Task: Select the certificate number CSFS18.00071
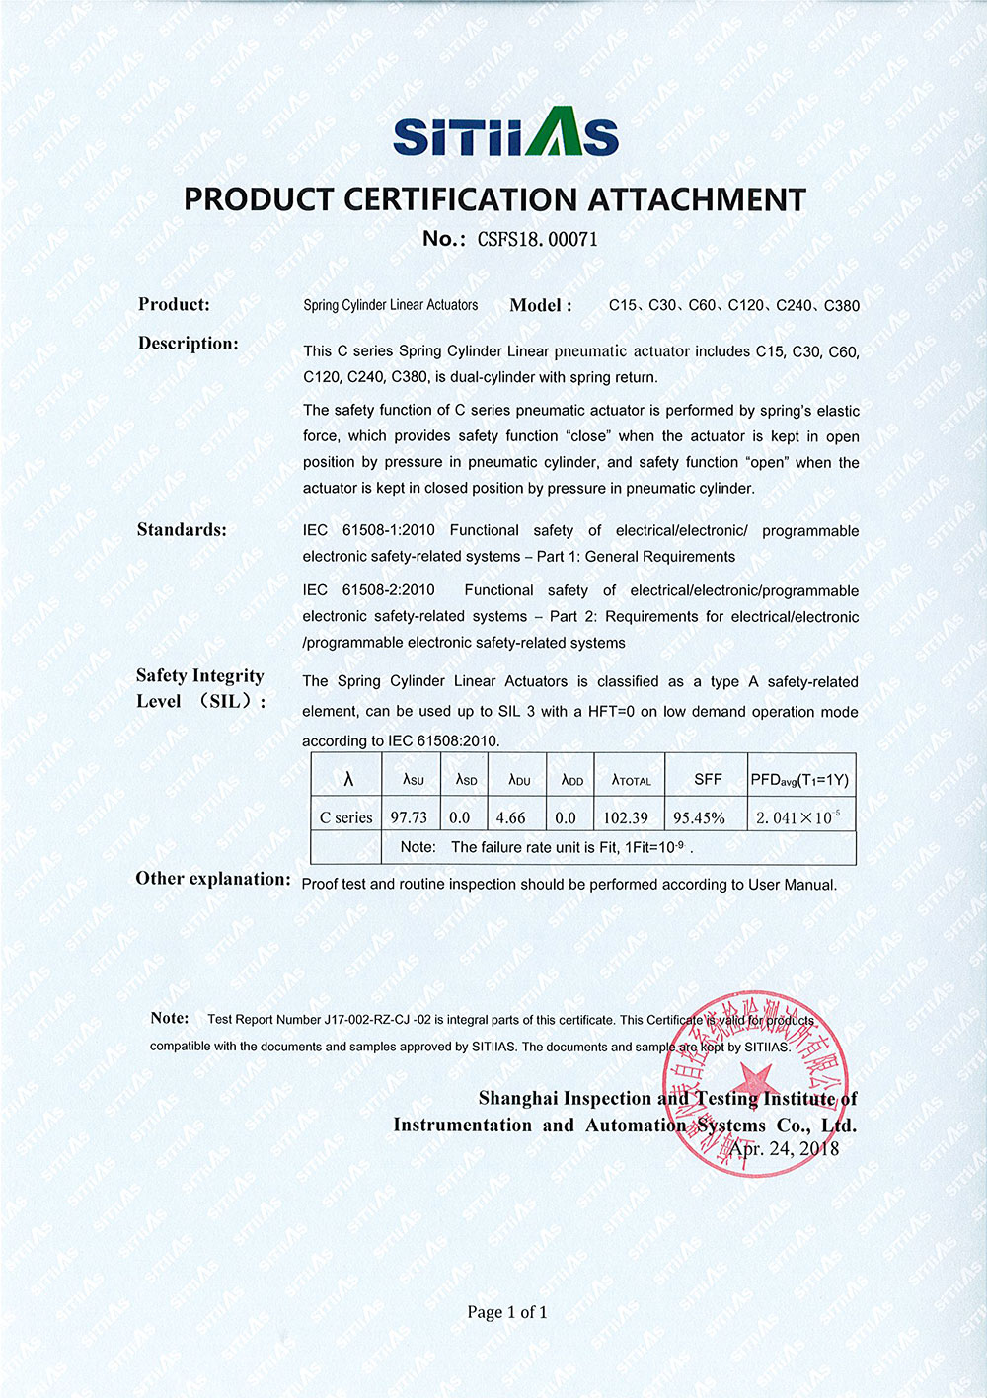tap(537, 239)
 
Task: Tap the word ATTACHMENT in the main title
tap(697, 199)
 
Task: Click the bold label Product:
tap(174, 304)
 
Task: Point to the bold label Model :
tap(540, 305)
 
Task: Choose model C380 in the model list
tap(841, 305)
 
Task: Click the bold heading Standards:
tap(182, 530)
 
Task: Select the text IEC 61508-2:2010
tap(368, 590)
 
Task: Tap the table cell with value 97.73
tap(409, 817)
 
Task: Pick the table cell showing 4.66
tap(510, 817)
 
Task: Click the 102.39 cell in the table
tap(626, 817)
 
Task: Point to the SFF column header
tap(708, 779)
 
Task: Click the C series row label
tap(345, 817)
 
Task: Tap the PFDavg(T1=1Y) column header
tap(799, 779)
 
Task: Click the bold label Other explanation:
tap(213, 879)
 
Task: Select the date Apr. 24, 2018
tap(784, 1148)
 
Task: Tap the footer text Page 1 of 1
tap(507, 1312)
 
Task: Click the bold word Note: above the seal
tap(170, 1018)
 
